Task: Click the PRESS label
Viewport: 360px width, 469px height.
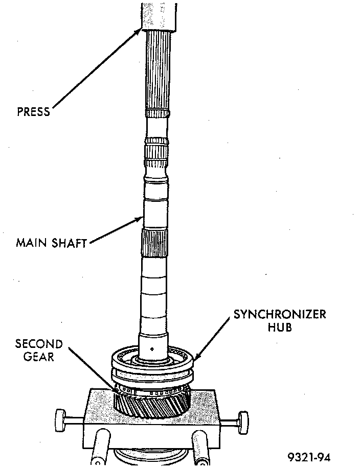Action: pyautogui.click(x=34, y=111)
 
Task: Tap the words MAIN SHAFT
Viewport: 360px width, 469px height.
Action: pyautogui.click(x=51, y=242)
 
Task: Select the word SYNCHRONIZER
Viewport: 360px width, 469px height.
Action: pyautogui.click(x=280, y=314)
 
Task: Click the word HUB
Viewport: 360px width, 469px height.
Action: pyautogui.click(x=280, y=327)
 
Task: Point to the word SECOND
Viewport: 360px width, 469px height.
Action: pyautogui.click(x=39, y=343)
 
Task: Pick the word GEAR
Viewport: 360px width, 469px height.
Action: pyautogui.click(x=39, y=357)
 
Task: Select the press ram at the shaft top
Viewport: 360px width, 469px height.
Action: pyautogui.click(x=160, y=14)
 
